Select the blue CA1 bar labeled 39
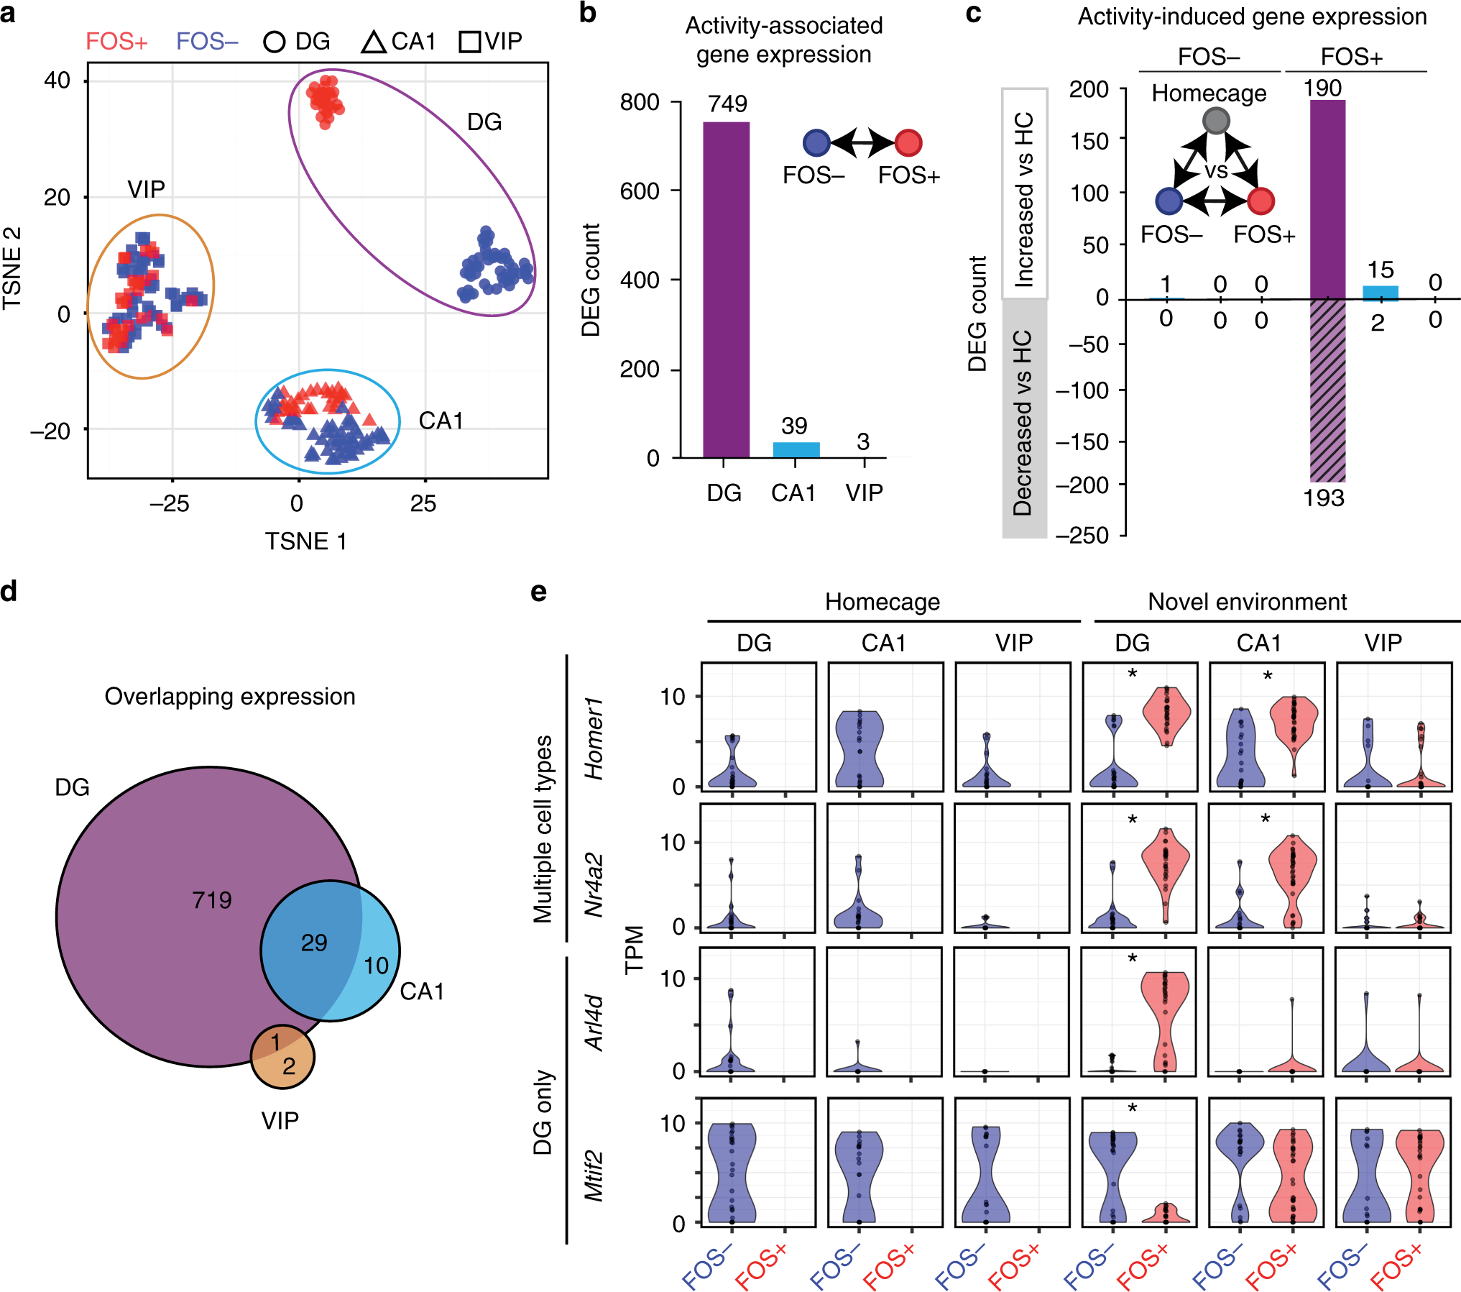pos(796,449)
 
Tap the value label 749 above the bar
pos(727,104)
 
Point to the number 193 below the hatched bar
pos(1324,498)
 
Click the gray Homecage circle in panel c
pos(1216,120)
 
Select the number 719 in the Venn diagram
pos(212,899)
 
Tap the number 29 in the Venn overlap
pos(314,943)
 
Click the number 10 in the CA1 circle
pos(376,966)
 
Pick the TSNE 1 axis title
pos(306,541)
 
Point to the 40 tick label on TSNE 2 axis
pos(57,81)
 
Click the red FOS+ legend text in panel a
pos(116,42)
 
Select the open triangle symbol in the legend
pos(374,42)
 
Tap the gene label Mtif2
pos(594,1176)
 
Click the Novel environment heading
pos(1247,602)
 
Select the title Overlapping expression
pos(230,696)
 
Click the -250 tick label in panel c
pos(1082,535)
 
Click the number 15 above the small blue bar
pos(1381,270)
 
